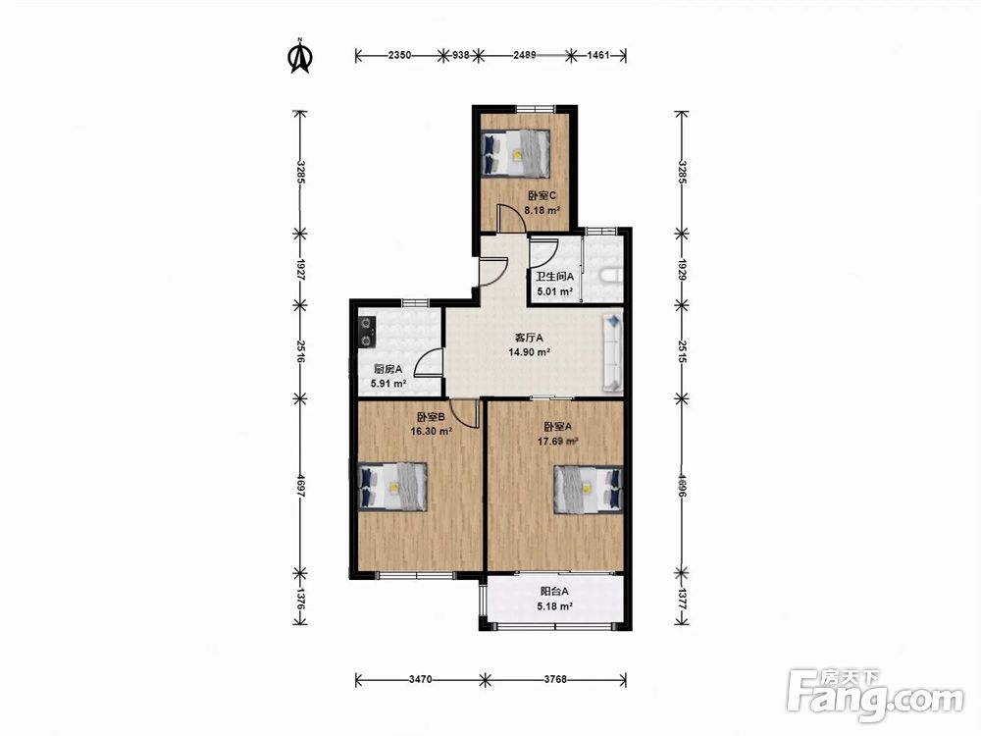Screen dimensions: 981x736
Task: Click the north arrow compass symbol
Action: (300, 56)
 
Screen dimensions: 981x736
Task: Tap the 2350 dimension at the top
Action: (400, 55)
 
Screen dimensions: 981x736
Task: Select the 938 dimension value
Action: (461, 55)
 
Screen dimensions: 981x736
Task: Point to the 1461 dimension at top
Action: (598, 55)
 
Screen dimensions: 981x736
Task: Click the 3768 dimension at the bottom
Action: (555, 679)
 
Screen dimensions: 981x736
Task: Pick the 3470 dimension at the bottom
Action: (421, 679)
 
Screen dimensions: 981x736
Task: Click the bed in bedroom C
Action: (515, 153)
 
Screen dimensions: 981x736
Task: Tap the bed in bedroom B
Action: (392, 487)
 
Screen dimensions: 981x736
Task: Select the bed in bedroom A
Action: (588, 490)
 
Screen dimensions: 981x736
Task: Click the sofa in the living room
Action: (612, 353)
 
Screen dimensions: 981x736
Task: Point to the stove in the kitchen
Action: (366, 333)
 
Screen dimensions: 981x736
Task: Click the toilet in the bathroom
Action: (610, 276)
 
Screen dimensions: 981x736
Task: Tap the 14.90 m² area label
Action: (530, 352)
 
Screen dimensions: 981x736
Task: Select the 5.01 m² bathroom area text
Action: (554, 291)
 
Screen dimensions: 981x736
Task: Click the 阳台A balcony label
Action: (555, 591)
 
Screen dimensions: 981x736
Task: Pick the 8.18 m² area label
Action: (542, 210)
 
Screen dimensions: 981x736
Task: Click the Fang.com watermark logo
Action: (875, 695)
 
